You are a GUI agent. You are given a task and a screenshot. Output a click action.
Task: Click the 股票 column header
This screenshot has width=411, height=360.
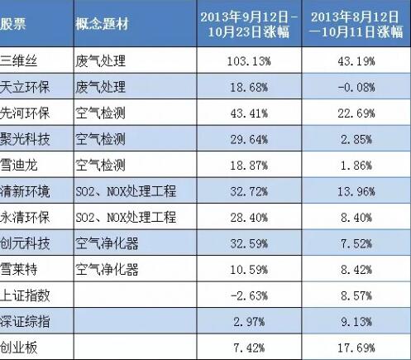click(12, 23)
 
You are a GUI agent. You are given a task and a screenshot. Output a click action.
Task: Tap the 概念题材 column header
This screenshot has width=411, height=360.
click(103, 23)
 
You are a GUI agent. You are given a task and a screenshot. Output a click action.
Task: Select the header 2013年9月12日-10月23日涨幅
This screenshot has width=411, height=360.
click(249, 24)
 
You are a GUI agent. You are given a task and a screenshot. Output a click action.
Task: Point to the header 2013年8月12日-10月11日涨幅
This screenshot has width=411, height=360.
click(356, 24)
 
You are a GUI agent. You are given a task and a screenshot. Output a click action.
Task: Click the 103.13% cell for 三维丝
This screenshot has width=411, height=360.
click(249, 61)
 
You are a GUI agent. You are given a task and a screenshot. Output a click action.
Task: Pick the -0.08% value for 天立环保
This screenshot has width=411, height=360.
click(356, 87)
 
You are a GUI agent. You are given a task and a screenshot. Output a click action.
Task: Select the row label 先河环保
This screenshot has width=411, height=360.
click(25, 113)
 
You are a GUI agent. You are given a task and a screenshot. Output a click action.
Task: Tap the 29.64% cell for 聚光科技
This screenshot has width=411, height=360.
click(249, 139)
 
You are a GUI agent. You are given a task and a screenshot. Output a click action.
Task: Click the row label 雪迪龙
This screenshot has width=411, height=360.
click(18, 166)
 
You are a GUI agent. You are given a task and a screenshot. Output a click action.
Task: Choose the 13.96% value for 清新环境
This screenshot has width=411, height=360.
click(356, 191)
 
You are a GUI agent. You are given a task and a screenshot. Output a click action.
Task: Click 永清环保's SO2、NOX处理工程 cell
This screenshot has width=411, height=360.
click(126, 218)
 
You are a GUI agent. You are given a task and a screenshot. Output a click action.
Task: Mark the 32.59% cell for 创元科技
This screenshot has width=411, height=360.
click(249, 243)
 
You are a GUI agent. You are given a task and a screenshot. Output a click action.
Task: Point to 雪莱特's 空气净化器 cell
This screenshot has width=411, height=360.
click(107, 270)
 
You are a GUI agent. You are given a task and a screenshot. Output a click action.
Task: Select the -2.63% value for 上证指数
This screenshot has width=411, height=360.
click(249, 295)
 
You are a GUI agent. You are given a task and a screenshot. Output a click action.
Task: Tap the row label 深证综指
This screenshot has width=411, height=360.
click(25, 322)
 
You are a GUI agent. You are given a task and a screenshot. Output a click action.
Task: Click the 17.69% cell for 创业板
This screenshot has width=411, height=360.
click(356, 348)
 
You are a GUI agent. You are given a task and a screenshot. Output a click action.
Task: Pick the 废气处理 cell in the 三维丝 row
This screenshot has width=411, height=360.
click(101, 61)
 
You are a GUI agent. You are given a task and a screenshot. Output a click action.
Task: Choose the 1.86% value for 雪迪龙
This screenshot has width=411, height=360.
click(356, 166)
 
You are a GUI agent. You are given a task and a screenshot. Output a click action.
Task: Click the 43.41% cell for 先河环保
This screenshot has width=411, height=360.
click(249, 113)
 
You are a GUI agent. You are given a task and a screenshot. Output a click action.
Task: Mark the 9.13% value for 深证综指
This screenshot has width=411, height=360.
click(356, 322)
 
